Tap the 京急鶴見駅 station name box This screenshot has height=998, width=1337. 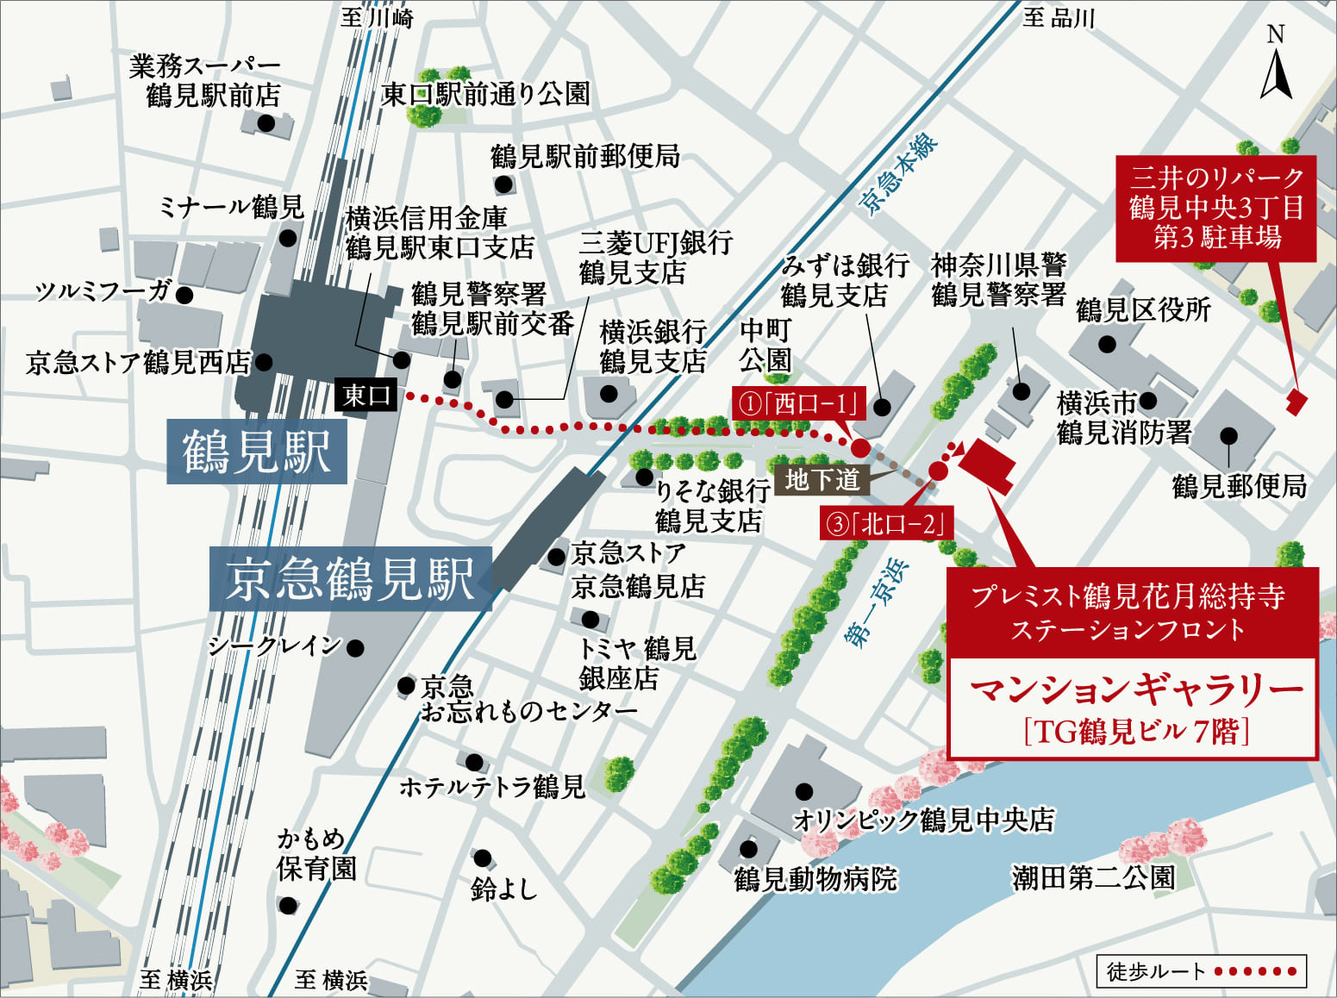point(350,579)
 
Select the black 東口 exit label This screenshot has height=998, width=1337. point(365,396)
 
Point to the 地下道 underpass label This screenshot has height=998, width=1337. point(822,479)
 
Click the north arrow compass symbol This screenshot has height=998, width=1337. point(1276,65)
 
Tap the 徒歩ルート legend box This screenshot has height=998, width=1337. point(1201,971)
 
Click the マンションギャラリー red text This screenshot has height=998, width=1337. point(1135,690)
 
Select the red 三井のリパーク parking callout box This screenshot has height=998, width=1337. point(1215,208)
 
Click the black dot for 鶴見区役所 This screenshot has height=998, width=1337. point(1107,345)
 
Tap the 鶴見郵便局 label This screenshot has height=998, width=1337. point(1239,487)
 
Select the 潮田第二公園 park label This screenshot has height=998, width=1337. point(1093,878)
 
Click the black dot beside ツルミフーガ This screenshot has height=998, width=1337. point(184,295)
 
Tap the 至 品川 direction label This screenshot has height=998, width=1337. point(1058,18)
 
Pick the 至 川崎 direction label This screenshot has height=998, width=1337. point(377,18)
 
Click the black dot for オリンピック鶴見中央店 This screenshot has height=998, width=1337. point(804,790)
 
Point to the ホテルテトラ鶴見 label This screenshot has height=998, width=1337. point(491,787)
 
